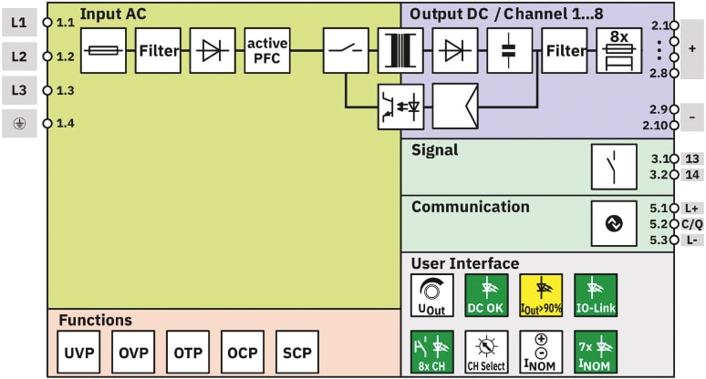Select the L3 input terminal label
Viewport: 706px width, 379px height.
pos(19,90)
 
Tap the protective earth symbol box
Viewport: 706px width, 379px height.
pos(19,123)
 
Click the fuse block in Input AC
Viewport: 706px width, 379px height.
pos(103,50)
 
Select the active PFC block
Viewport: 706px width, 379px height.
pos(267,50)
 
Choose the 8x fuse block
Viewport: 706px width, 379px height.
pos(619,50)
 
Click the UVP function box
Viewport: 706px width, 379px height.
pos(79,353)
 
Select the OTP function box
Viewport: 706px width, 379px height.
pos(189,353)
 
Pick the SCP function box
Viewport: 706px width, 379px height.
pos(297,353)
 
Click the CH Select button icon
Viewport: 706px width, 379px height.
pos(486,352)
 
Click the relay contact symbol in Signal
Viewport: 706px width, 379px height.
pos(613,166)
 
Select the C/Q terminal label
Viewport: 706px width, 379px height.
pos(692,224)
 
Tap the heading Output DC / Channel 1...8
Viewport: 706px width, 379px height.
pos(506,14)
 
